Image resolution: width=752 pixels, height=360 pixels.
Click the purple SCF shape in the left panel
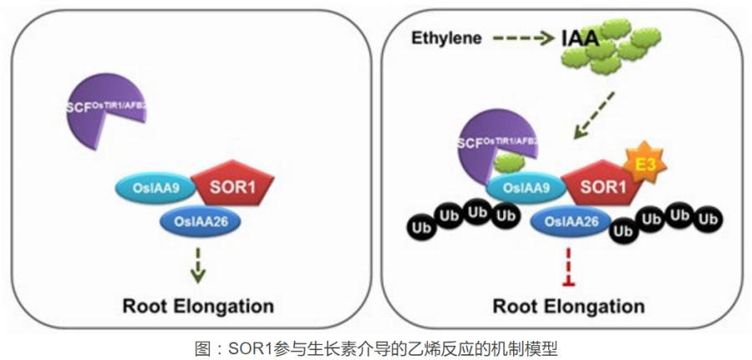pyautogui.click(x=100, y=109)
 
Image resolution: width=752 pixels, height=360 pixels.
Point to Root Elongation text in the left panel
pyautogui.click(x=198, y=304)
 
